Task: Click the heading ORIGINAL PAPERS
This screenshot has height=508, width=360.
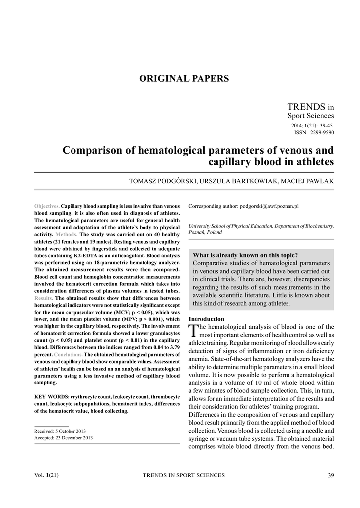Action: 183,79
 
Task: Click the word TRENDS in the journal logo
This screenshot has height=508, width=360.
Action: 306,107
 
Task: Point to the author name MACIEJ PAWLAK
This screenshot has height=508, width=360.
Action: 308,182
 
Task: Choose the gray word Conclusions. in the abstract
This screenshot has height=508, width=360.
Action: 68,355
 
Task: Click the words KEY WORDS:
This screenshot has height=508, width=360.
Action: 52,397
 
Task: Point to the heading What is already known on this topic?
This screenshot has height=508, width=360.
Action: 245,255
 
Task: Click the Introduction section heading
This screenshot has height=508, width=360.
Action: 206,319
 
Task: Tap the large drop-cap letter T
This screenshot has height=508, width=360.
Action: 193,331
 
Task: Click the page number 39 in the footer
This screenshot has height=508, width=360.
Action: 331,475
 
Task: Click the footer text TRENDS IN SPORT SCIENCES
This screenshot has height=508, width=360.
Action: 184,475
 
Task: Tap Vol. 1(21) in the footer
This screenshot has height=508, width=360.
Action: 47,475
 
